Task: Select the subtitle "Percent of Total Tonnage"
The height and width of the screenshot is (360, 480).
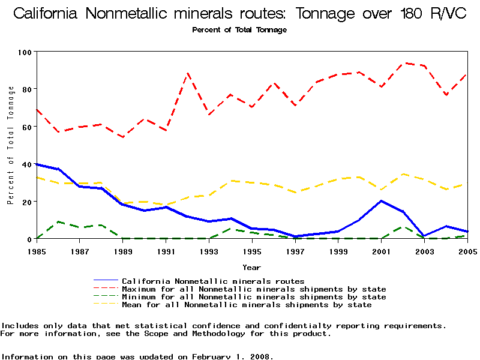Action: point(239,30)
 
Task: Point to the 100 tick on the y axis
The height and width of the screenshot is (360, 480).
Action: point(25,52)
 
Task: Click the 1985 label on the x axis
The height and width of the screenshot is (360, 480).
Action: point(37,251)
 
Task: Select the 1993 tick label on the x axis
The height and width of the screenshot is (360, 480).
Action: point(209,251)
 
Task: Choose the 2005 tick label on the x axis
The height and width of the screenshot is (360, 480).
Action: point(467,251)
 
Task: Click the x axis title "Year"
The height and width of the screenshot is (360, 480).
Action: point(251,267)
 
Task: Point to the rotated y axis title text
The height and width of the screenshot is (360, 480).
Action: point(11,145)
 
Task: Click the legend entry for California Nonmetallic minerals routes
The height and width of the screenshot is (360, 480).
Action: point(213,281)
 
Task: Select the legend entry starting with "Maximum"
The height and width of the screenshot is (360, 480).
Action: point(254,289)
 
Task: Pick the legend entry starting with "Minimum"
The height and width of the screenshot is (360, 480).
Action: point(254,297)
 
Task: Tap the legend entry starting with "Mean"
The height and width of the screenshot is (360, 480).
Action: point(247,305)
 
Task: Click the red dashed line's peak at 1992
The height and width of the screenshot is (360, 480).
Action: point(188,73)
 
